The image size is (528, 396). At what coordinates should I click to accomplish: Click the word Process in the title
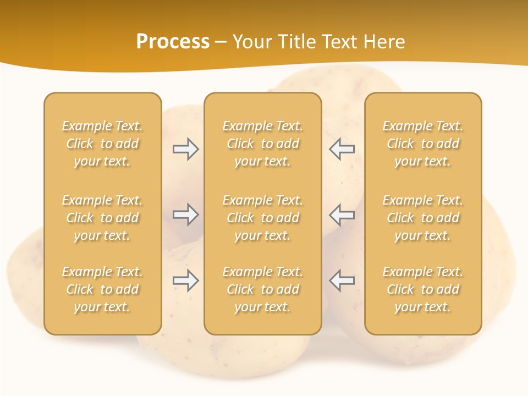(173, 42)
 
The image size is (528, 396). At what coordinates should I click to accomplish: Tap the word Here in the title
(384, 42)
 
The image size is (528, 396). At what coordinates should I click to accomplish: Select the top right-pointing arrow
(186, 149)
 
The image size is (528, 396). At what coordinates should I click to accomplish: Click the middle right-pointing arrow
(186, 215)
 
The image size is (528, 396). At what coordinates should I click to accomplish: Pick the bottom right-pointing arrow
(186, 280)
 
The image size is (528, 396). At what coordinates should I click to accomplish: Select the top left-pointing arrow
(342, 149)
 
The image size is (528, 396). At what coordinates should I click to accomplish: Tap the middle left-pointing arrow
(342, 215)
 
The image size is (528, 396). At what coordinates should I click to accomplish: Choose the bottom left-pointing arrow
(342, 280)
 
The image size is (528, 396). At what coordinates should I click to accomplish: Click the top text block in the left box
(102, 144)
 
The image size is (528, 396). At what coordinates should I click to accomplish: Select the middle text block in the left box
(102, 218)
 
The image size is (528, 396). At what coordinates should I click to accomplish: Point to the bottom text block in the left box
(102, 289)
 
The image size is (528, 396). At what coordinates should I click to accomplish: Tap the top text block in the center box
(263, 144)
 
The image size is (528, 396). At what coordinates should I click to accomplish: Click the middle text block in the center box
(263, 218)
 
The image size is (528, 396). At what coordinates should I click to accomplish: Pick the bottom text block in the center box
(263, 289)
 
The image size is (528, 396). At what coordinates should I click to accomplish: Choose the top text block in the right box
(423, 144)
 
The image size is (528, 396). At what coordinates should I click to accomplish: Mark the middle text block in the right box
(423, 218)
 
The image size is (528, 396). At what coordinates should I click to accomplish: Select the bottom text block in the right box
(423, 289)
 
